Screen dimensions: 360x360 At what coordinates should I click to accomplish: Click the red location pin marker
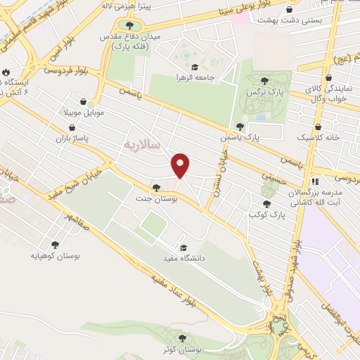tap(181, 165)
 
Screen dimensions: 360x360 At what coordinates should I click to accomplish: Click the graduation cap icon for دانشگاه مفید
tap(184, 247)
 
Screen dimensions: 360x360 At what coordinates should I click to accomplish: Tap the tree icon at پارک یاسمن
tap(240, 127)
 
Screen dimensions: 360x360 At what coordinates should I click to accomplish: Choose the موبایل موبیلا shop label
tap(86, 112)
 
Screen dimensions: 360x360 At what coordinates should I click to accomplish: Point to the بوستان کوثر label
tap(185, 349)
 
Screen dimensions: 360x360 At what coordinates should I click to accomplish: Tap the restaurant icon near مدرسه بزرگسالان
tap(316, 181)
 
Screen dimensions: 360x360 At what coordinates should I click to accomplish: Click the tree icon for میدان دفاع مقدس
tap(129, 26)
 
